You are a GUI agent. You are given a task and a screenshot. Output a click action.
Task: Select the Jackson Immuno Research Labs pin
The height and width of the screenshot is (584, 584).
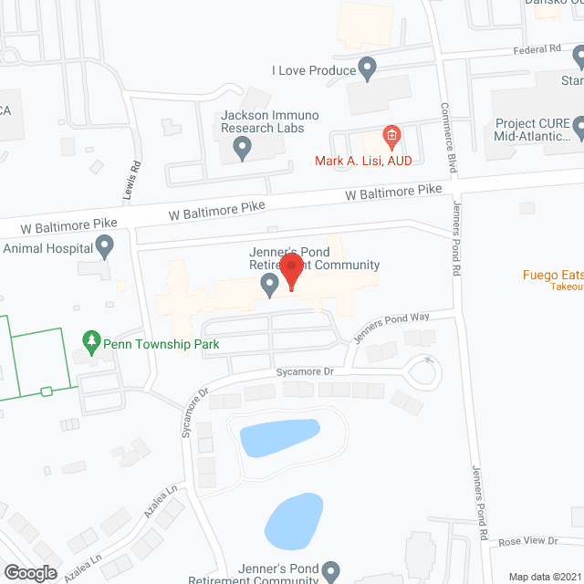(243, 146)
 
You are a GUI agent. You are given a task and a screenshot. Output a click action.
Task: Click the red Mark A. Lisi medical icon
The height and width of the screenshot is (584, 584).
(391, 138)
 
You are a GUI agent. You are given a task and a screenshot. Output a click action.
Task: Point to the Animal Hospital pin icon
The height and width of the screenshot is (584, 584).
(105, 246)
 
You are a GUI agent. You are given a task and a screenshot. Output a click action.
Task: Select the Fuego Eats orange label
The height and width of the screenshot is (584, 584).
(553, 274)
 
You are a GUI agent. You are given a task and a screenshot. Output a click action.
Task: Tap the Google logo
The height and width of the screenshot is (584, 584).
(29, 572)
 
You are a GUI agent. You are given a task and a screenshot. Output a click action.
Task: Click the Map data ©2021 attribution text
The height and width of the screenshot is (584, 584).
(545, 577)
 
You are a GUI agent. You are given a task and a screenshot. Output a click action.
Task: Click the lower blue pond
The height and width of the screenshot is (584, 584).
(294, 519)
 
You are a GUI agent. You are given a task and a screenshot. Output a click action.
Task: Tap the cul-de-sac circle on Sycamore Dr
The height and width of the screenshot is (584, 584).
(422, 371)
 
